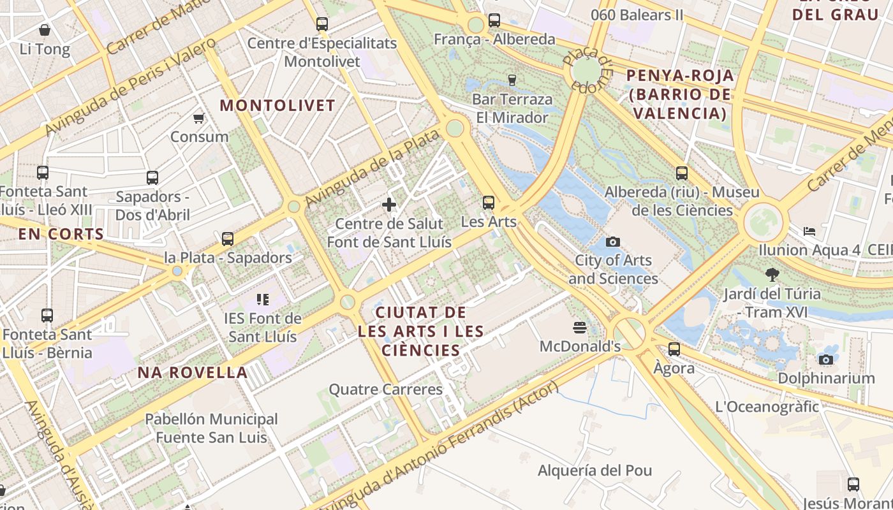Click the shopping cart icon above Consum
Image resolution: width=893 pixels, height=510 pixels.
click(198, 118)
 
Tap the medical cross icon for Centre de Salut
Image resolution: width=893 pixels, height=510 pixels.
click(389, 205)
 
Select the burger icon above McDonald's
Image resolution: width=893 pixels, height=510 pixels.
click(580, 328)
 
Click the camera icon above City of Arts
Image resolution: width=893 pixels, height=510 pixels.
click(613, 242)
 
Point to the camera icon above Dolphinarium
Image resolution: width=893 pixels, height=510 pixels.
click(826, 360)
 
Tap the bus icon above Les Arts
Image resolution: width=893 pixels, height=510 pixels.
click(489, 203)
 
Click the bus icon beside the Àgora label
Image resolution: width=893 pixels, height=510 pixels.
click(674, 349)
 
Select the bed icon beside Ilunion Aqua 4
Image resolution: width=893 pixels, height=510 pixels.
click(809, 231)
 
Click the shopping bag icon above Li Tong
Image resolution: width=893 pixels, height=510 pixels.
click(45, 30)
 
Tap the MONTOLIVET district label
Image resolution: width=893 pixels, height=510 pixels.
click(277, 106)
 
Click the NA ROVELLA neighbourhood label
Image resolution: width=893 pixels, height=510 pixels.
click(193, 373)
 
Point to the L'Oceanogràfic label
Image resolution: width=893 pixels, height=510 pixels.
click(767, 407)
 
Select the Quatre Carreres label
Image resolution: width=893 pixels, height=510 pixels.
click(385, 390)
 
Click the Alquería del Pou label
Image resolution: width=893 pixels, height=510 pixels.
click(594, 471)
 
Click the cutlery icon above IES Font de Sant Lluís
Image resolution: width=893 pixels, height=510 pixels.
click(262, 299)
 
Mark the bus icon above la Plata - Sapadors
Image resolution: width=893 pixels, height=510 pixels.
click(228, 239)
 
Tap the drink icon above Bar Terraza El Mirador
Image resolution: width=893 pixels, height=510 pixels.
click(512, 80)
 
